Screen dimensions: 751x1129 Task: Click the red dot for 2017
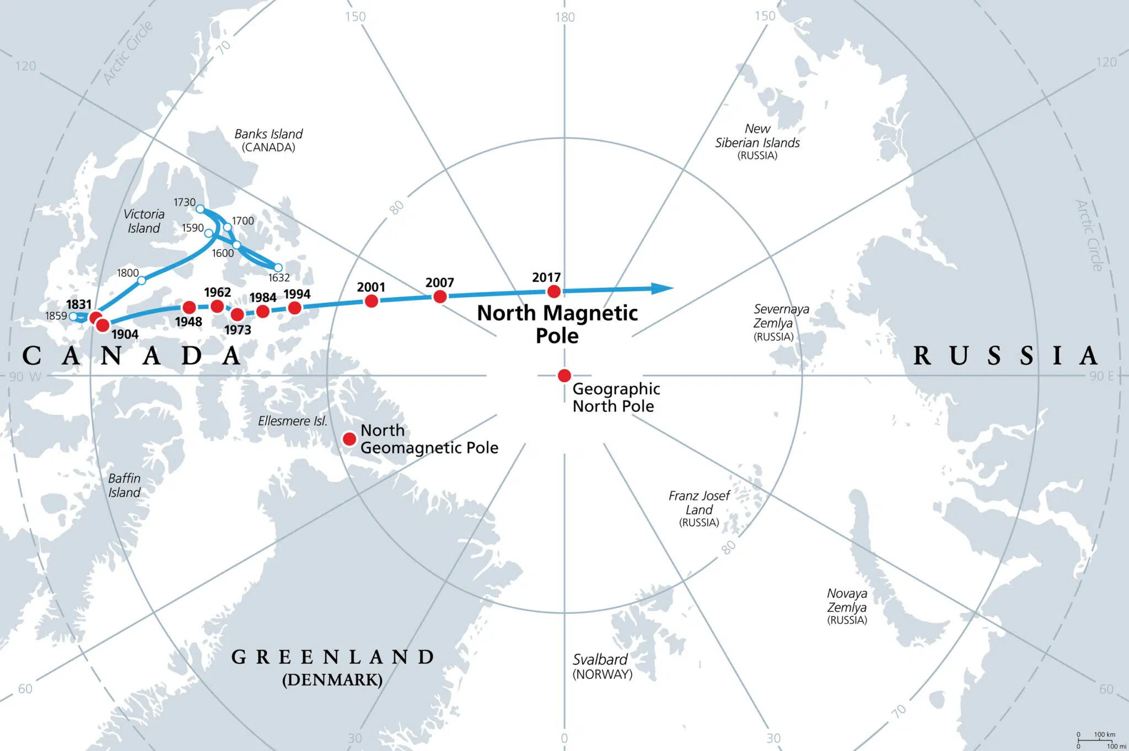coord(554,291)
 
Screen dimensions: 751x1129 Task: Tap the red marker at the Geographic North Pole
coord(564,375)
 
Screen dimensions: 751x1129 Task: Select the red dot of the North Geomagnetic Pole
coord(350,439)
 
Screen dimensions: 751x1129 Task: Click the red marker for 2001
coord(372,301)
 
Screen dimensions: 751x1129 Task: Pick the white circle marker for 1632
coord(278,268)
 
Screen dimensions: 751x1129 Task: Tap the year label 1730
coord(185,202)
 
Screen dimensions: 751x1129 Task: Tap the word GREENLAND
coord(332,657)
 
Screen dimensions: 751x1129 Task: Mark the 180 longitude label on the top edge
coord(565,17)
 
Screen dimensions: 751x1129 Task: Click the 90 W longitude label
coord(25,377)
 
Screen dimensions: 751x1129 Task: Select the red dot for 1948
coord(189,307)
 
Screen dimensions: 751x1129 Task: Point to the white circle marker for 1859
coord(73,317)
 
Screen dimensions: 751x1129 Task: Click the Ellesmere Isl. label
coord(293,421)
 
